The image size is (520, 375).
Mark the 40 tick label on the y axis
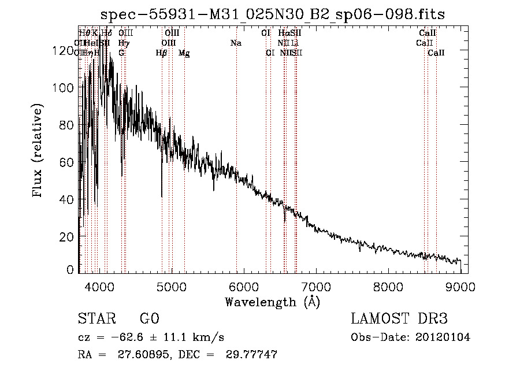(67, 200)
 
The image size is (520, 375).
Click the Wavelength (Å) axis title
(272, 302)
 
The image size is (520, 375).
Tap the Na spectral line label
(236, 43)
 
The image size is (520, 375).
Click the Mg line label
(184, 53)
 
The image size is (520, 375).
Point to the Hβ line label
(161, 53)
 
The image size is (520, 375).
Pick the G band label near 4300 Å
(121, 53)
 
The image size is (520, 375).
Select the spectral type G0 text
(149, 320)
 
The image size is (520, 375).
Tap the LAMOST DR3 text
(399, 320)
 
